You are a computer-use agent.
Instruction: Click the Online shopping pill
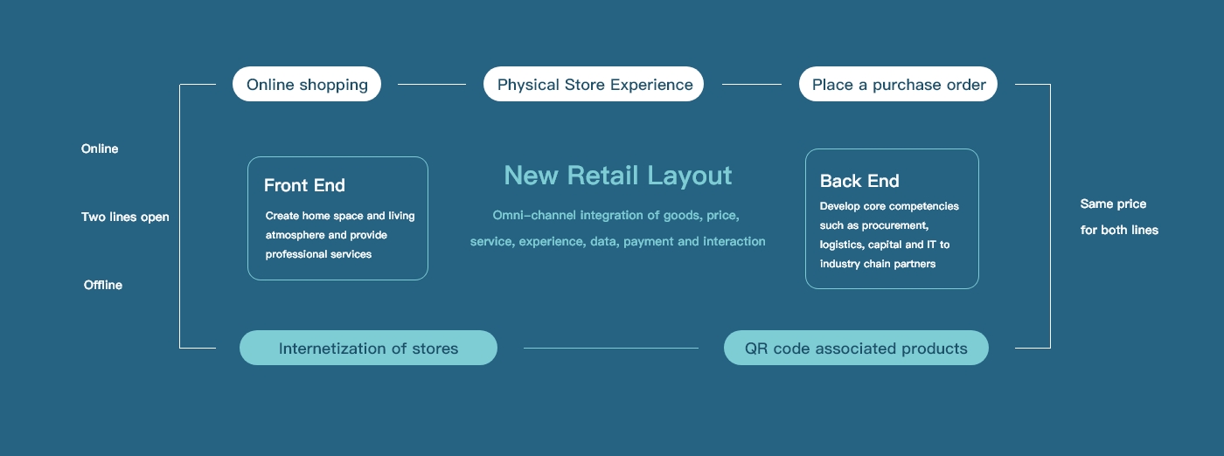click(307, 84)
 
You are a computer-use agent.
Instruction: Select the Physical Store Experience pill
click(594, 84)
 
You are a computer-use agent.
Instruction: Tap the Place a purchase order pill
click(899, 84)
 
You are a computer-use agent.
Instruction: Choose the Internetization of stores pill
click(368, 348)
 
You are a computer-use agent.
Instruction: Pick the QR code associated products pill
click(856, 348)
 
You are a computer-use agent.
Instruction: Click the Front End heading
click(304, 186)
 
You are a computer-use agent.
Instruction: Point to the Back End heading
click(859, 182)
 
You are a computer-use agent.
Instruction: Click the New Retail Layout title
click(618, 176)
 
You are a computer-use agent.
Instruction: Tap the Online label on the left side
click(100, 149)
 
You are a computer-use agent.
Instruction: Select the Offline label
click(103, 285)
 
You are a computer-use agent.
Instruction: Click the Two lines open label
click(125, 218)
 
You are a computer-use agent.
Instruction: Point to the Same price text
click(1113, 204)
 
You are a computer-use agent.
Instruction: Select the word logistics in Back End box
click(842, 245)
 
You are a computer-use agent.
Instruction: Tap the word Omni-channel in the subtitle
click(534, 215)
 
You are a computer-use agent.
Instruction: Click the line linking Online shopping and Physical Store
click(432, 84)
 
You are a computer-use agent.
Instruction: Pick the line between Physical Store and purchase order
click(752, 84)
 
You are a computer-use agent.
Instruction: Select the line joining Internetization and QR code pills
click(611, 348)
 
